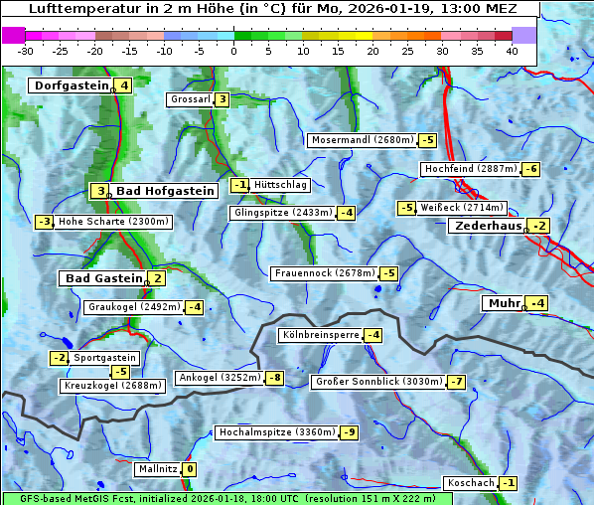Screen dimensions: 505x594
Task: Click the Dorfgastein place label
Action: [71, 85]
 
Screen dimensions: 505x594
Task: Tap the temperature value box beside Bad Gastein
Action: [157, 278]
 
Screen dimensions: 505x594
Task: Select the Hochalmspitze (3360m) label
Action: [276, 432]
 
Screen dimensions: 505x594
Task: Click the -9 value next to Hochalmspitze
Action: [349, 432]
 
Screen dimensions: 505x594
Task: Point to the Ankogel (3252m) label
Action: [218, 378]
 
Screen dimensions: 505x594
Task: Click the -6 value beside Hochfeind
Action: [530, 169]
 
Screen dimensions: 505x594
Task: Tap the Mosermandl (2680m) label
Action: [362, 140]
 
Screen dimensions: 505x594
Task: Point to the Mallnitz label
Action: [157, 469]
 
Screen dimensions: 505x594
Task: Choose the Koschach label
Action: [470, 483]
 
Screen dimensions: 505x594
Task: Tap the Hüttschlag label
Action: [281, 185]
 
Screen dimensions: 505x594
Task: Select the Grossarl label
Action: [190, 99]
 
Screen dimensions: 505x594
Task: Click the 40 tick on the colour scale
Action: [512, 50]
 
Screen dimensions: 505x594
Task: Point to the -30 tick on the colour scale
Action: [26, 50]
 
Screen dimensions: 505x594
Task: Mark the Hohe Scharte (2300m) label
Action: [113, 222]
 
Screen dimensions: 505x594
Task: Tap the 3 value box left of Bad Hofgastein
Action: [99, 191]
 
